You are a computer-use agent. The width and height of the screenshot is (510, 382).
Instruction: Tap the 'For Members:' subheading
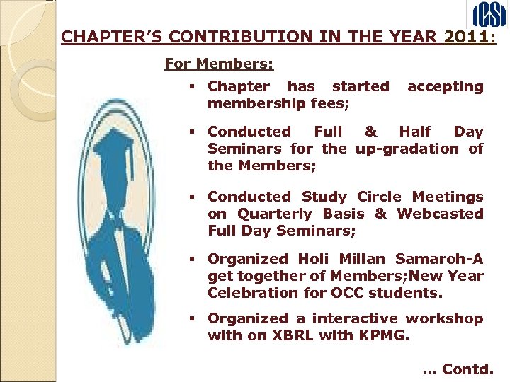click(219, 64)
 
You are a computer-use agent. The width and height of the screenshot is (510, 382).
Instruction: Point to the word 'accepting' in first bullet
click(445, 86)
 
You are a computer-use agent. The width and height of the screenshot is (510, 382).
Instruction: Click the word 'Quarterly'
click(276, 214)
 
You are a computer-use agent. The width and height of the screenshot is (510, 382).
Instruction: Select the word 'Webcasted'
click(440, 214)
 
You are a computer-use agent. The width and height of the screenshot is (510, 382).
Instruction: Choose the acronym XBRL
click(289, 335)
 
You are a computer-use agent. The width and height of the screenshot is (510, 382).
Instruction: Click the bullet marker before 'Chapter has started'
click(193, 87)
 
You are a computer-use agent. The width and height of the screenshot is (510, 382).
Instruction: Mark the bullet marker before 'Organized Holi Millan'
click(193, 260)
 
